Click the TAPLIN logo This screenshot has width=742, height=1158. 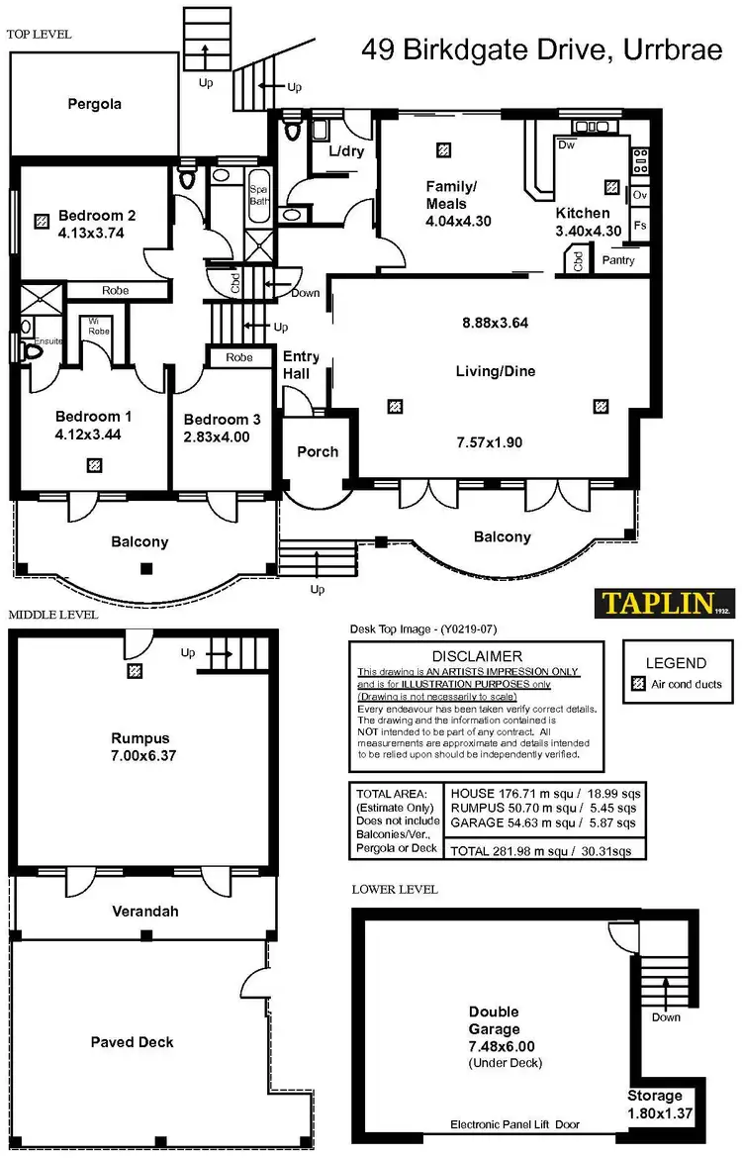(664, 603)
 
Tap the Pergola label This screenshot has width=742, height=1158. (95, 104)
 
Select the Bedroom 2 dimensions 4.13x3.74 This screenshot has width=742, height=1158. (90, 234)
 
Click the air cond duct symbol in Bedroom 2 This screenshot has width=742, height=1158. (41, 222)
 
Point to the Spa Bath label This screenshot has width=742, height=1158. (258, 194)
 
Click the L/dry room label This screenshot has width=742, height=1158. (328, 152)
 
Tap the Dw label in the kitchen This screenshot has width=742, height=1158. (567, 145)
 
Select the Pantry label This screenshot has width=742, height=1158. (617, 261)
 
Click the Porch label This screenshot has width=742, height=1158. (318, 451)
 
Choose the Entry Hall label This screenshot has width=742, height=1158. (301, 365)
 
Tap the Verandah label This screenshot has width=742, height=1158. (144, 911)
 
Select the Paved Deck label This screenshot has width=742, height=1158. (132, 1042)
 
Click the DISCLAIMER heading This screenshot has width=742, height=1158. (477, 656)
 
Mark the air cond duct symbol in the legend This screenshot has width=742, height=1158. (638, 684)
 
